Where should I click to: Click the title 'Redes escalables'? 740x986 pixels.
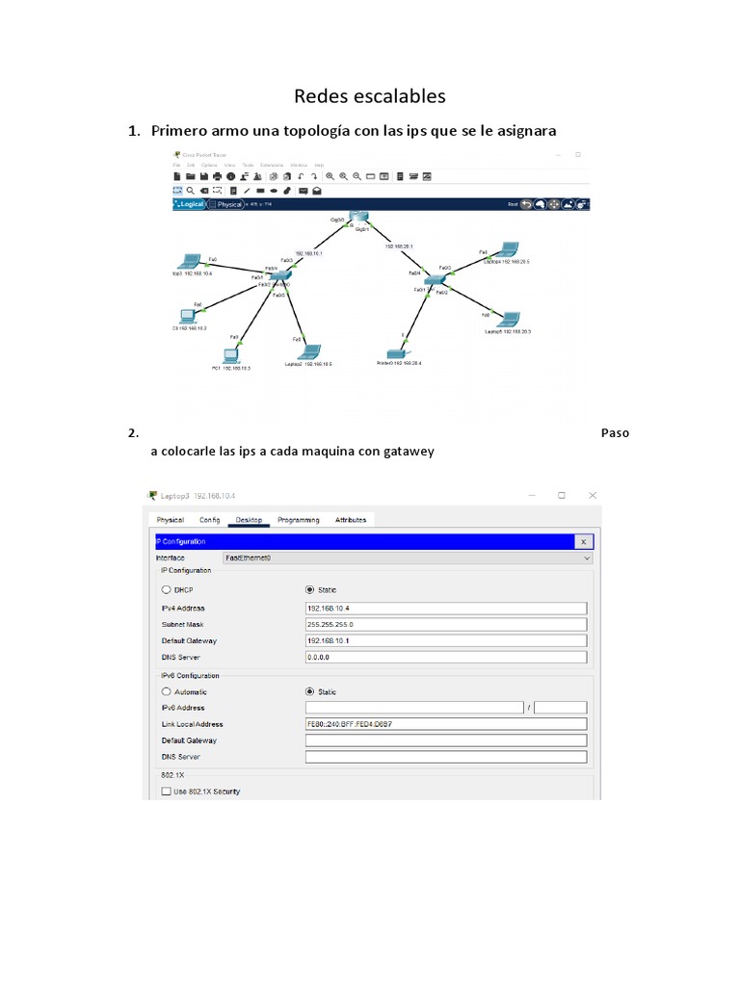(369, 96)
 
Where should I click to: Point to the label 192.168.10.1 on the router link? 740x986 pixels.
(308, 253)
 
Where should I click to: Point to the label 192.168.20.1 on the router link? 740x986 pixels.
(399, 246)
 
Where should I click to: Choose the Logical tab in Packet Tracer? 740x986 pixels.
(190, 204)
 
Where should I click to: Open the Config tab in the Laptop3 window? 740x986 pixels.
(210, 520)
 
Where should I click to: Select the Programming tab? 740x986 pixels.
(299, 520)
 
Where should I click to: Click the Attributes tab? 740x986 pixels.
(351, 520)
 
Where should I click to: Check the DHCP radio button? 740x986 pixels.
(167, 589)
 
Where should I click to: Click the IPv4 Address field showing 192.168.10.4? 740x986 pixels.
(445, 608)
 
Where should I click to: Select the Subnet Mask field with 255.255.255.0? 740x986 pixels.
(445, 624)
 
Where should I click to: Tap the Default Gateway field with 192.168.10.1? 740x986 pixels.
(445, 640)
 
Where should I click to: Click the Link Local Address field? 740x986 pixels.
(445, 724)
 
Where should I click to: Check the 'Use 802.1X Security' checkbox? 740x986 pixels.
(167, 791)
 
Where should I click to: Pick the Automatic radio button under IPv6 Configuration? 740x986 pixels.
(167, 691)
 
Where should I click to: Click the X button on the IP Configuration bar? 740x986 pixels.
(583, 542)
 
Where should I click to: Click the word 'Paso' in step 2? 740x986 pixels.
(615, 432)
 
